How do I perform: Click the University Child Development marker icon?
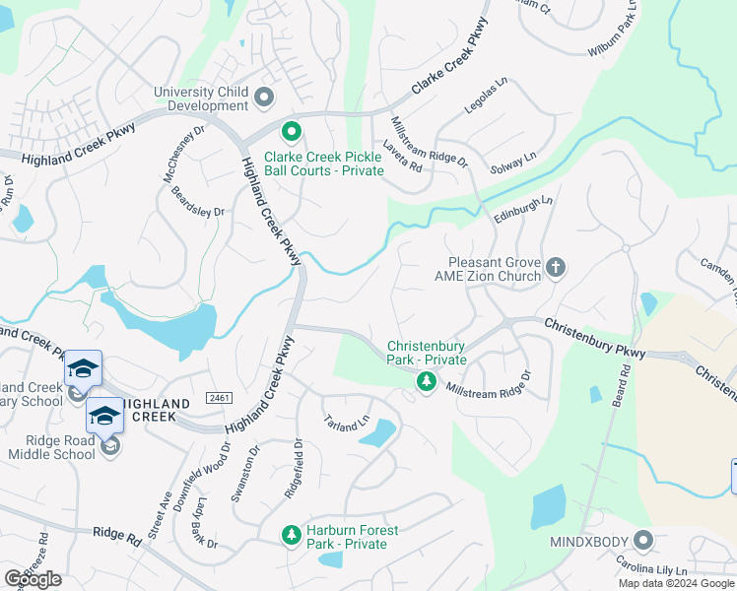[264, 98]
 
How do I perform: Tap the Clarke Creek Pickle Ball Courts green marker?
[292, 131]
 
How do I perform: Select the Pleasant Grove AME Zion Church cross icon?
[556, 268]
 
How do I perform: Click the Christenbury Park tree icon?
[426, 381]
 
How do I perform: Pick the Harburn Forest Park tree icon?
[291, 535]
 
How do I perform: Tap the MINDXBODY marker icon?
[643, 540]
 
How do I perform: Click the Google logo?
[33, 579]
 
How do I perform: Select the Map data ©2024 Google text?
[676, 583]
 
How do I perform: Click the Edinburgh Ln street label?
[523, 209]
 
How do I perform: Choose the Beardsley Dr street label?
[198, 202]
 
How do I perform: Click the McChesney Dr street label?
[183, 153]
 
